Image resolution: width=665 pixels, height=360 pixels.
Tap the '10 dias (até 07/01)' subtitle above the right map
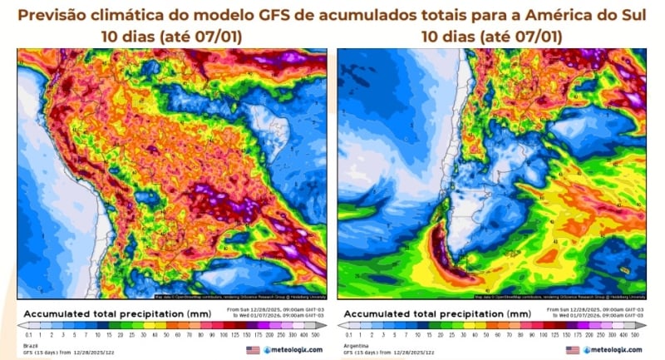click(x=491, y=37)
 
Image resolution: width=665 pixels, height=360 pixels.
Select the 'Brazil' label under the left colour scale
click(x=31, y=343)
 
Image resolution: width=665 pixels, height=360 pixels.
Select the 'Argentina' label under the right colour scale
click(x=354, y=343)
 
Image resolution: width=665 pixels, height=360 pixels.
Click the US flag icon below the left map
click(x=252, y=350)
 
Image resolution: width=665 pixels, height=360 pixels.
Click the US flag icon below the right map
click(x=572, y=350)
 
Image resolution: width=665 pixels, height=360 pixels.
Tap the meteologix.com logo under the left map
click(x=293, y=350)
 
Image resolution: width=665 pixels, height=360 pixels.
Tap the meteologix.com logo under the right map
click(x=613, y=350)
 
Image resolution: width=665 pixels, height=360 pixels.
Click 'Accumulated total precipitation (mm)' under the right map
click(x=436, y=312)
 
